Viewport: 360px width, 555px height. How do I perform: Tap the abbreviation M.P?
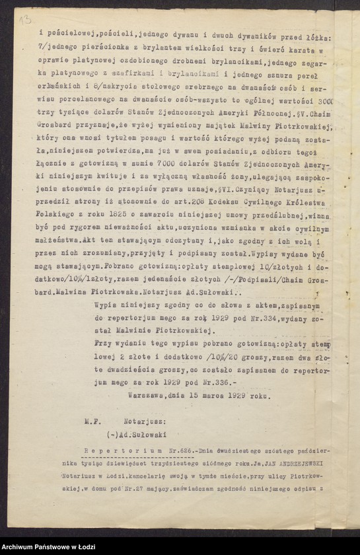click(91, 420)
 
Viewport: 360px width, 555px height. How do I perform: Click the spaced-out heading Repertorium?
click(117, 451)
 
